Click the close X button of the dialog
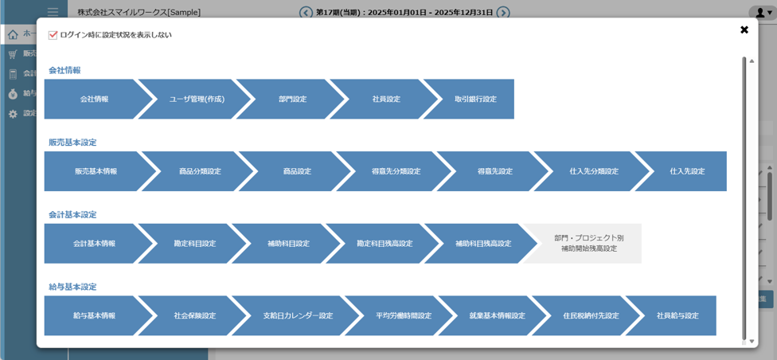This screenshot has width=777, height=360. (744, 30)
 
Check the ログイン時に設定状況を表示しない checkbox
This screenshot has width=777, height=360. (53, 35)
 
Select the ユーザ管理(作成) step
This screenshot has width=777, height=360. (197, 100)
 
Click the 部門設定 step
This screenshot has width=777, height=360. (292, 100)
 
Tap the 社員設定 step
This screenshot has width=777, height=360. (386, 100)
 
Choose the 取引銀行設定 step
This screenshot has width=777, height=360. (475, 100)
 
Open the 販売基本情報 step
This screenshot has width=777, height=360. (96, 171)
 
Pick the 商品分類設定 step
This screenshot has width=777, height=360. (200, 171)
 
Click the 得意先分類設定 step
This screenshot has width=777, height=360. (396, 171)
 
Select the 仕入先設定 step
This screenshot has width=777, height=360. (687, 171)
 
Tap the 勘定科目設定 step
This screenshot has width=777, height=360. (195, 244)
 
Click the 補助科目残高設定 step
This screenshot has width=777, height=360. (483, 244)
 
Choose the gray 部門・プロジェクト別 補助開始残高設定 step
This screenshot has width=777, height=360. (589, 244)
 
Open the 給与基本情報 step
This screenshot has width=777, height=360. (94, 316)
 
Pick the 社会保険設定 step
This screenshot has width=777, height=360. (195, 316)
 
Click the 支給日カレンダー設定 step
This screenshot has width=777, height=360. (298, 316)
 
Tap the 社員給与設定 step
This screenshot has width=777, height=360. (677, 316)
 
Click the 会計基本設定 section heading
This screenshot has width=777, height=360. (72, 215)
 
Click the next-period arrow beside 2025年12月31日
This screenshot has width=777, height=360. (503, 13)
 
